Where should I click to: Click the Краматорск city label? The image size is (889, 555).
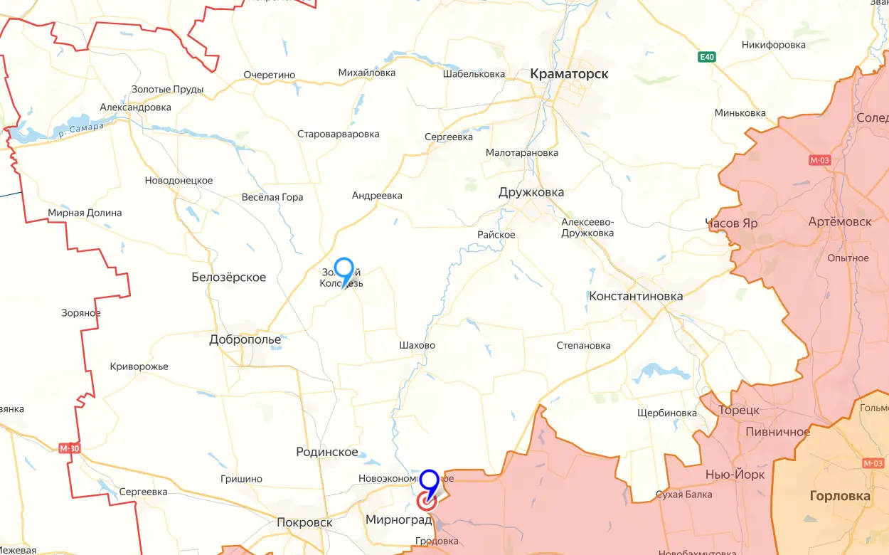tap(569, 73)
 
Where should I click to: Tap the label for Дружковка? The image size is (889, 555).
tap(531, 192)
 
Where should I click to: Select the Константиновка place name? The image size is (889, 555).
tap(636, 296)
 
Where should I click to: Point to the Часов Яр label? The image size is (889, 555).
tap(731, 223)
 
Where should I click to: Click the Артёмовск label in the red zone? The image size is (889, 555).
tap(840, 222)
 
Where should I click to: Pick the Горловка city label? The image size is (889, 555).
tap(840, 496)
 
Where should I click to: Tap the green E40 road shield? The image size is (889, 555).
tap(706, 57)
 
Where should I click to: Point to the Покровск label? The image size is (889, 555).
tap(304, 522)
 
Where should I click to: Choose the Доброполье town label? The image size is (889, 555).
tap(245, 339)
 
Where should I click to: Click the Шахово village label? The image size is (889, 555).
tap(417, 345)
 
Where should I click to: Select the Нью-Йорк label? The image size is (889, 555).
tap(735, 475)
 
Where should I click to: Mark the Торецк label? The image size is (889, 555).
tap(739, 411)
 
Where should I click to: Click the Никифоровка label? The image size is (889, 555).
tap(773, 45)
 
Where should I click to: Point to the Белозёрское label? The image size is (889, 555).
tap(229, 277)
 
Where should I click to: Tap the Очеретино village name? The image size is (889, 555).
tap(269, 75)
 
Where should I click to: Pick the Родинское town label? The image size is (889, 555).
tap(326, 452)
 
